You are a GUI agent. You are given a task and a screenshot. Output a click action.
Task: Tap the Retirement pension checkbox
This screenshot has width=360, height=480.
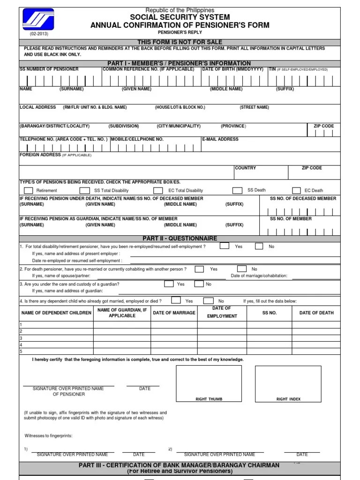click(29, 190)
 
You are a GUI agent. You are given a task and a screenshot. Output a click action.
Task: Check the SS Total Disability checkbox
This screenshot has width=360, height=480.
click(84, 190)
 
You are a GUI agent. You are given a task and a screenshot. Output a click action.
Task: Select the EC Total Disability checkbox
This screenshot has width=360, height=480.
click(158, 190)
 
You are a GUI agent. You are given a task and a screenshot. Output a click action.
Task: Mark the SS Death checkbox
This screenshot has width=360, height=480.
click(237, 190)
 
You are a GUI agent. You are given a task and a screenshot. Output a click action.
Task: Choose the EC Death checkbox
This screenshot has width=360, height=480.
click(296, 190)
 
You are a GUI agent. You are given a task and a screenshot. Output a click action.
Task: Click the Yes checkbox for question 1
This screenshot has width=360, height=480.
click(225, 246)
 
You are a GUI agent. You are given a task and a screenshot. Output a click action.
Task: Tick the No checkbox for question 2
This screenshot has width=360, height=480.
click(241, 269)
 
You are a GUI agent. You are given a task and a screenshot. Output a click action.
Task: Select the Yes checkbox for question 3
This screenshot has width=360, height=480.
click(169, 284)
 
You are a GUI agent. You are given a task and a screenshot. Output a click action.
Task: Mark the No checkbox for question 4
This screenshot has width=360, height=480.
click(209, 300)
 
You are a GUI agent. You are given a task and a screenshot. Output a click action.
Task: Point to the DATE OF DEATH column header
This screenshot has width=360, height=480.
click(316, 313)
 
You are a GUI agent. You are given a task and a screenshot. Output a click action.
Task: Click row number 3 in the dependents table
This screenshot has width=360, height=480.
click(21, 338)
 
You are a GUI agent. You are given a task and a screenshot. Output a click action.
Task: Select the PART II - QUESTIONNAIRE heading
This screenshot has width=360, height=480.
click(180, 238)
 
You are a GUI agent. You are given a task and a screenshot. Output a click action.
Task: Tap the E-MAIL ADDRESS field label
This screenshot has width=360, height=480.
click(220, 139)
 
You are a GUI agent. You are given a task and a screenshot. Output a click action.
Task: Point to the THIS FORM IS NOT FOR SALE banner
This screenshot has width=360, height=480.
click(180, 42)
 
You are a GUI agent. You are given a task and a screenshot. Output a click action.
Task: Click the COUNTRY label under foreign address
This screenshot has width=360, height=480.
click(245, 168)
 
